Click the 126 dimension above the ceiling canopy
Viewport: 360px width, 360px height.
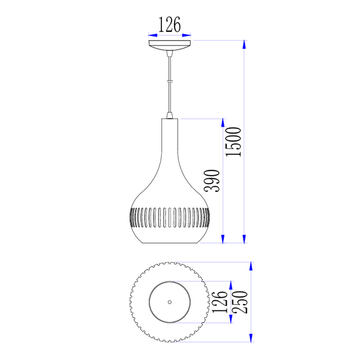click(170, 25)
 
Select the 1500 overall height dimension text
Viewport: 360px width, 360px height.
click(233, 142)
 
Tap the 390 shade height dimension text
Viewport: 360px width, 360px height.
click(212, 181)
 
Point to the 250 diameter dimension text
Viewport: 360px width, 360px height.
click(240, 302)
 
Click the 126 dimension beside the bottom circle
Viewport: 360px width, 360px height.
click(220, 302)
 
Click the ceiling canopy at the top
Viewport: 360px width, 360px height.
click(170, 46)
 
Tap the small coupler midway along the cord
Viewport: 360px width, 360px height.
click(170, 81)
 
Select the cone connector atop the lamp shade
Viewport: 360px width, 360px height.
click(170, 115)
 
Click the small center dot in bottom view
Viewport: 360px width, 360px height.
click(170, 302)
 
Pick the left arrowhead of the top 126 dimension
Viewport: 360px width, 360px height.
click(152, 35)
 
